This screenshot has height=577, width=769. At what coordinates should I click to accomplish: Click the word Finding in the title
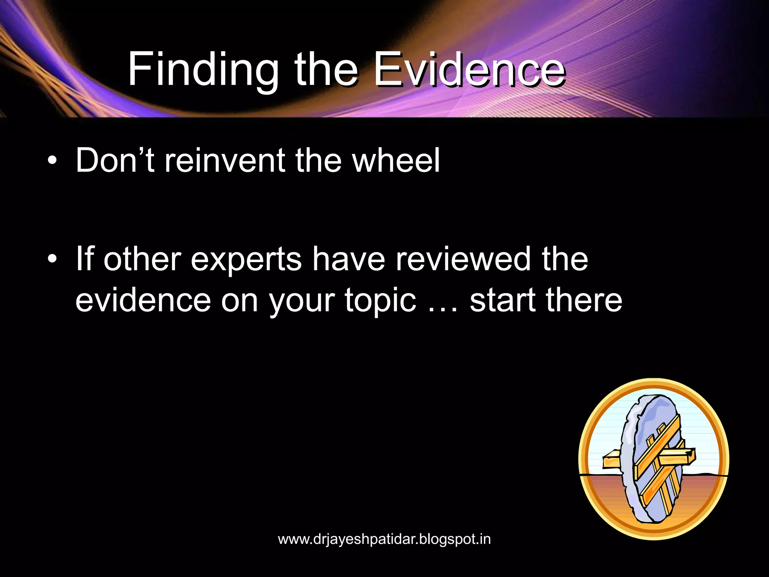pyautogui.click(x=203, y=71)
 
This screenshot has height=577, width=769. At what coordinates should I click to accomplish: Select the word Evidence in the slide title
pyautogui.click(x=469, y=71)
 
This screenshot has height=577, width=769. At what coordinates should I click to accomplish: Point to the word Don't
pyautogui.click(x=115, y=161)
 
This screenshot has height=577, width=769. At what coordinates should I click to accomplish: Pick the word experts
pyautogui.click(x=246, y=260)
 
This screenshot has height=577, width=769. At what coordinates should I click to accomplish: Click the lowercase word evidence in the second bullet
pyautogui.click(x=143, y=301)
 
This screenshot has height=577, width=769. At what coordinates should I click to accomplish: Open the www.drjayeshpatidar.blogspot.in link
pyautogui.click(x=384, y=539)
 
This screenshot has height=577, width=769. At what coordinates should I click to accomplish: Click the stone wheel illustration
pyautogui.click(x=651, y=458)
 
